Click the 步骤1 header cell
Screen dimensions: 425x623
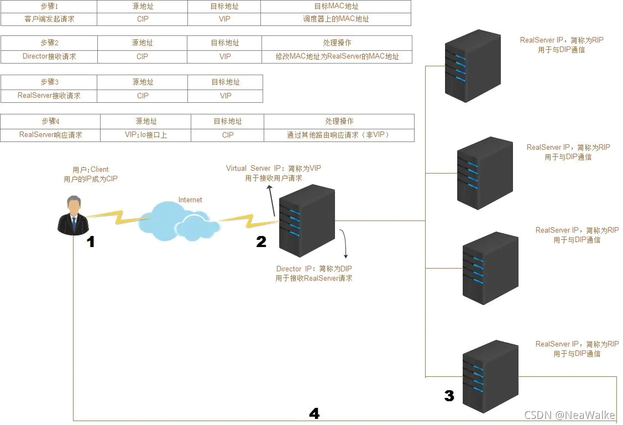(x=49, y=7)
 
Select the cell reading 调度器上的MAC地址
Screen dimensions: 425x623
(x=336, y=19)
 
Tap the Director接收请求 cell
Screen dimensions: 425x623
(x=49, y=56)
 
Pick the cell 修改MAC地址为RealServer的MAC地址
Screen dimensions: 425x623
(x=337, y=56)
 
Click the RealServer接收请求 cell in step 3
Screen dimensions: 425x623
(x=49, y=96)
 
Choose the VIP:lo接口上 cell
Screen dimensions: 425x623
(x=146, y=135)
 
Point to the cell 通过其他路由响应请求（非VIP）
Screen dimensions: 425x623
(x=339, y=135)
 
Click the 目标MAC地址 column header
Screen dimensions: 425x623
(x=336, y=7)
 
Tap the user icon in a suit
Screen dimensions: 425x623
(x=72, y=215)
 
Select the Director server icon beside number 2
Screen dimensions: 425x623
(x=307, y=220)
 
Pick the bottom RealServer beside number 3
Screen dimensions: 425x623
(x=490, y=376)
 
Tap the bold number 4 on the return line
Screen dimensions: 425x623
(x=314, y=413)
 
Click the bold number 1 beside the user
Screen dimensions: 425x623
(x=91, y=242)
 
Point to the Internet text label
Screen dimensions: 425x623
(x=190, y=200)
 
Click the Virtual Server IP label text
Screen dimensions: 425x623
(x=274, y=169)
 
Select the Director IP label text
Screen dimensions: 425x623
(x=313, y=269)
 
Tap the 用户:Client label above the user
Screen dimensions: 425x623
(x=91, y=170)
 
